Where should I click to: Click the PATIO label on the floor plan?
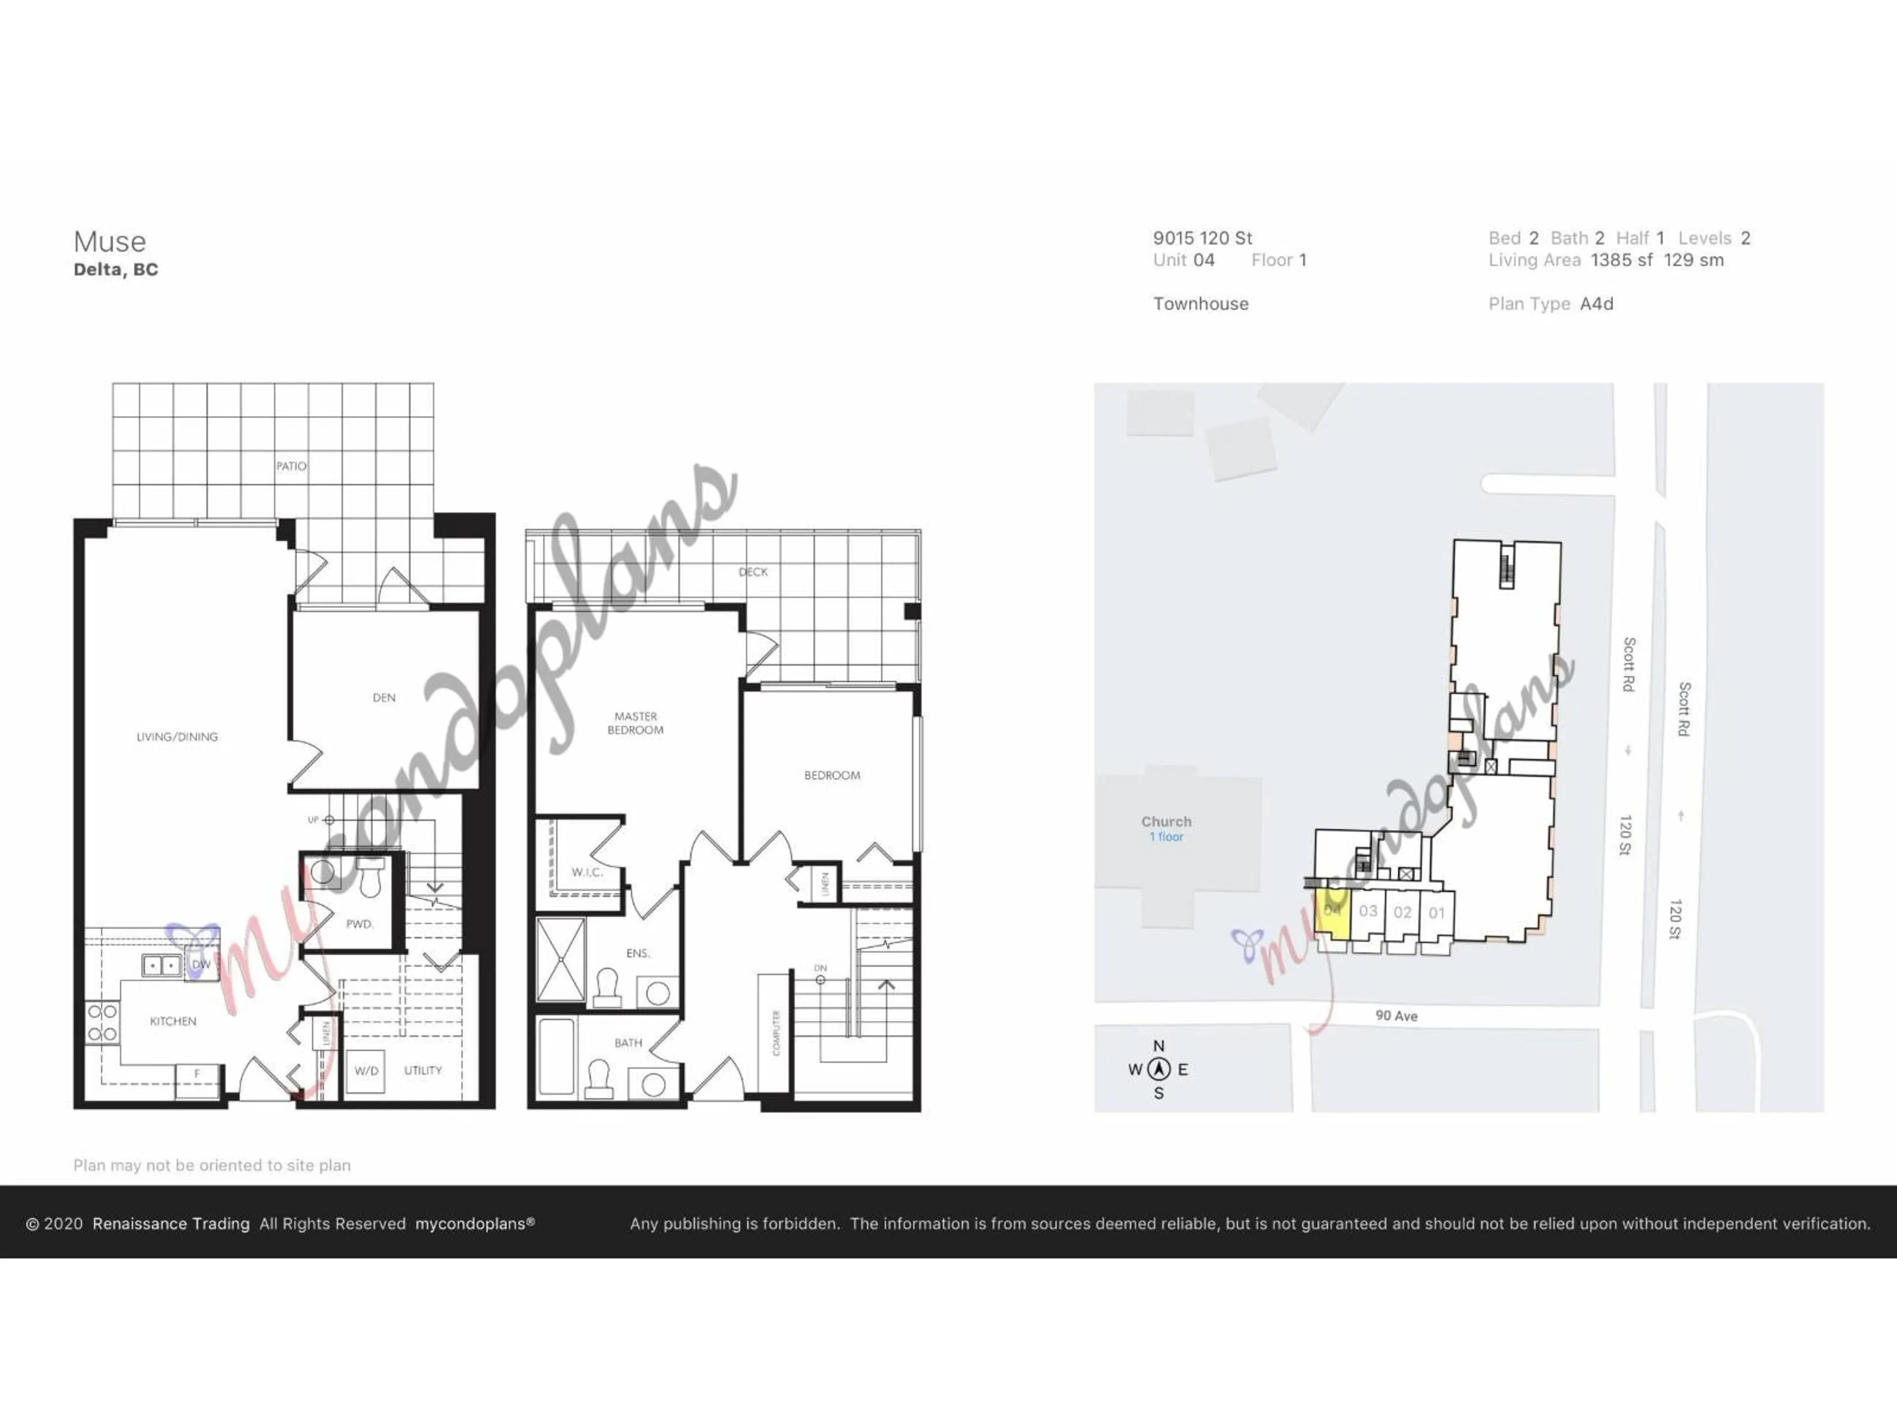pos(290,466)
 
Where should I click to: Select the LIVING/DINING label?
pos(177,736)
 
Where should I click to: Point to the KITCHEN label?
pos(172,1021)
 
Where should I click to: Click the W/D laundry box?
pos(366,1071)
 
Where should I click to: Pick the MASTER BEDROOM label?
pos(635,723)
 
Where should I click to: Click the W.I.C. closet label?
pos(586,872)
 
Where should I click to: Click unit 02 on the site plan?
pos(1402,912)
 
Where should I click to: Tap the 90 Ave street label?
pos(1396,1015)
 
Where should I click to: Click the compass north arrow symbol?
pos(1158,1069)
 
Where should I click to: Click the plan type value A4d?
pos(1596,304)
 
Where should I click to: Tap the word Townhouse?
pos(1200,304)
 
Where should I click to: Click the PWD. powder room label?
pos(359,924)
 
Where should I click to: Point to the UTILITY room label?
pos(423,1071)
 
